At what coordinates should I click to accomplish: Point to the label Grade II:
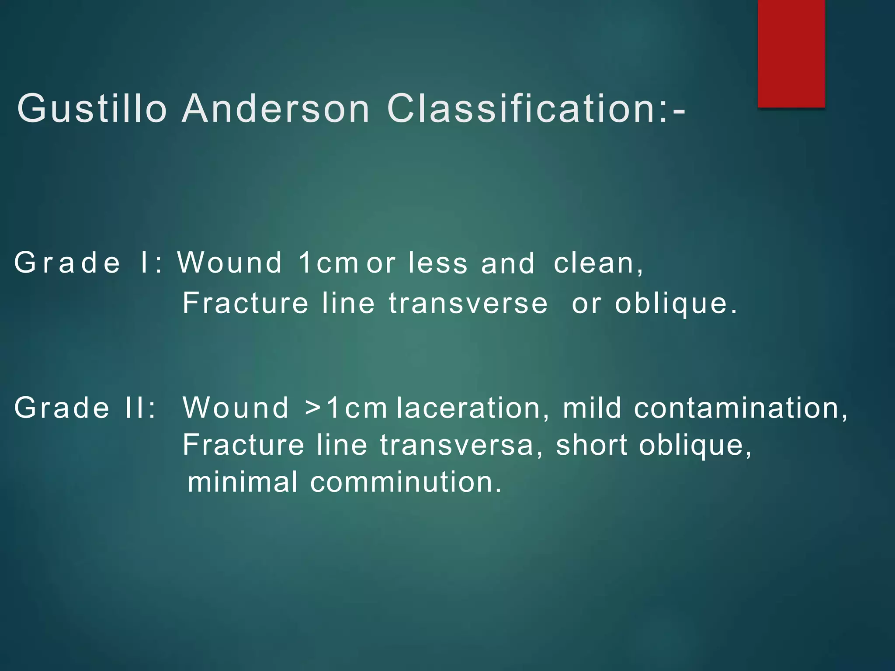point(85,408)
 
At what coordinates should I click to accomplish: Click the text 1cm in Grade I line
point(328,263)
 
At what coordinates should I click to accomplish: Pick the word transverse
point(468,303)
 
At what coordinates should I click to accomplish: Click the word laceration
point(469,408)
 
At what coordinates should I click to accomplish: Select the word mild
point(592,408)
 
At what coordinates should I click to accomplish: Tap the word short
point(592,445)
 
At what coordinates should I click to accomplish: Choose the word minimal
point(243,482)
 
